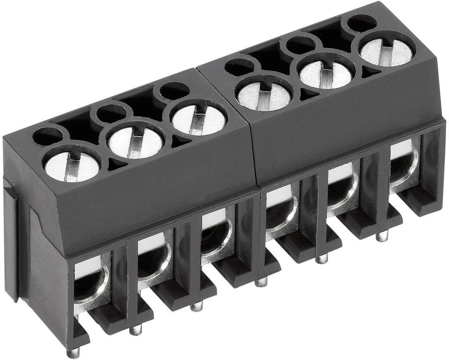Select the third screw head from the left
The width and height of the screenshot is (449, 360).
199,118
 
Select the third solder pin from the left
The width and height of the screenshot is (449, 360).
196,306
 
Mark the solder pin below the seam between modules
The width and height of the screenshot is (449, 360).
260,282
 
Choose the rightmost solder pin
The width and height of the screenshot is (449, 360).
382,237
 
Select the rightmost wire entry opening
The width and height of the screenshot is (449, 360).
403,165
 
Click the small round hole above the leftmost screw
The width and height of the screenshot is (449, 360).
47,136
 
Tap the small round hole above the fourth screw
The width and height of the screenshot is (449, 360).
240,67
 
